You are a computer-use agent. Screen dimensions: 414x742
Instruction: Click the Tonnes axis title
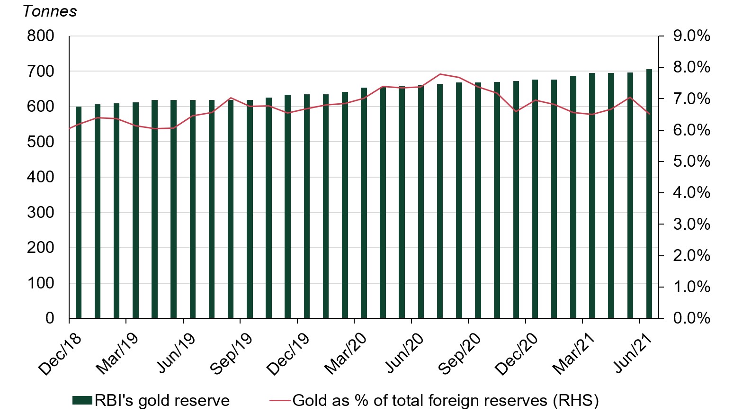click(x=50, y=11)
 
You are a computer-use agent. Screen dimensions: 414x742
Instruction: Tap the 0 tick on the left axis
click(x=50, y=318)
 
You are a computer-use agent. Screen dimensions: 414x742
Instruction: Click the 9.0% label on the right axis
click(x=691, y=36)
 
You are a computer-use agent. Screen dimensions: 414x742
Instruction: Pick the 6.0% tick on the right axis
click(x=691, y=130)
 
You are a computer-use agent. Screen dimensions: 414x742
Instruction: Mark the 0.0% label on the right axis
click(x=691, y=318)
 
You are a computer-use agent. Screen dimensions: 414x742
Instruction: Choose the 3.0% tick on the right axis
click(x=691, y=224)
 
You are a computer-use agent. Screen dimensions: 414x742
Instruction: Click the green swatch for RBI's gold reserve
click(x=82, y=401)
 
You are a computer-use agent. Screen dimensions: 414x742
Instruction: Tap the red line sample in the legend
click(x=279, y=401)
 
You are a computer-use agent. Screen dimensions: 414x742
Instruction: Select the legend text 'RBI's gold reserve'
click(x=162, y=401)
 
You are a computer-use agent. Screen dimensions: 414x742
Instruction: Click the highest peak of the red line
click(x=440, y=74)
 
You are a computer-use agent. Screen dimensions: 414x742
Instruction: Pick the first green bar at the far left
click(x=79, y=212)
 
